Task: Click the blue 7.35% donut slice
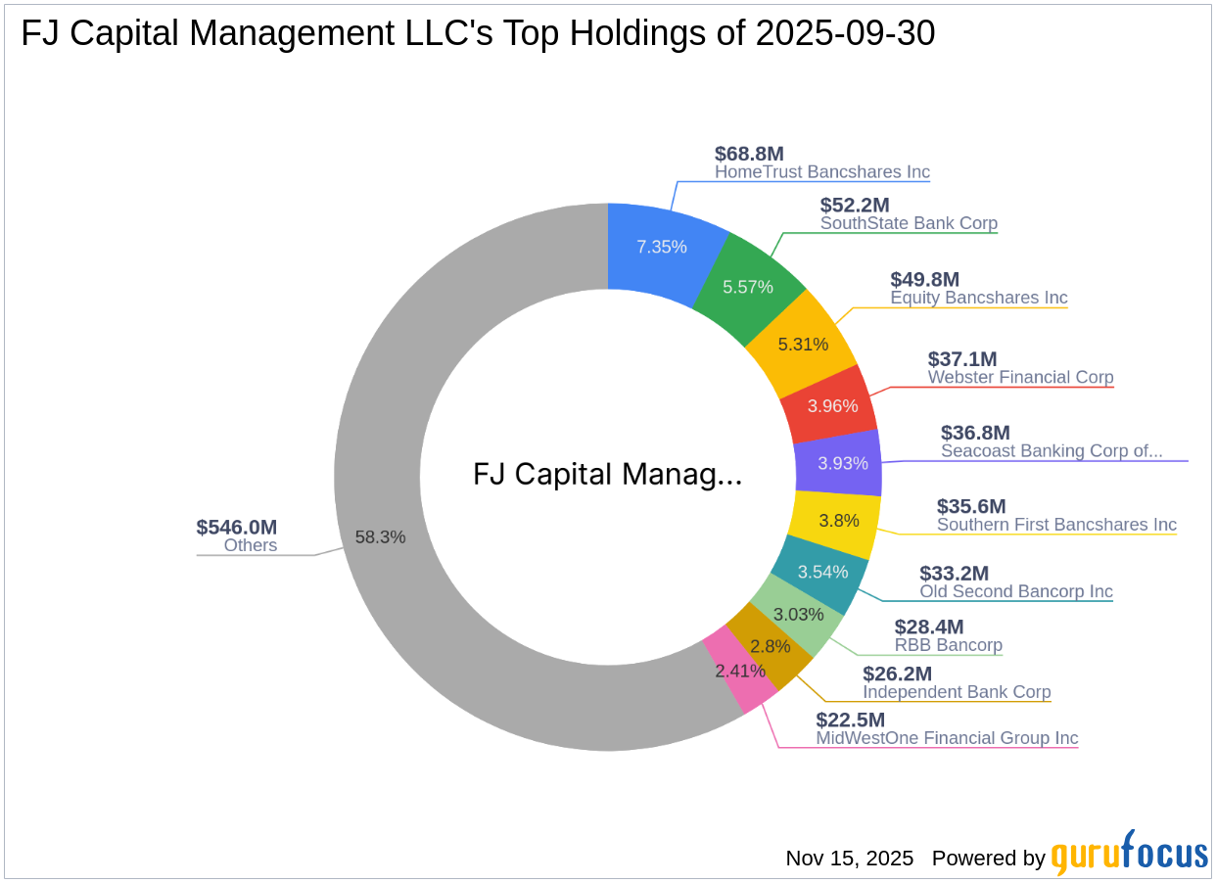pyautogui.click(x=662, y=247)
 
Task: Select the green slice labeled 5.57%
pyautogui.click(x=748, y=287)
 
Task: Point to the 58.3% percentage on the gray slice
pyautogui.click(x=380, y=537)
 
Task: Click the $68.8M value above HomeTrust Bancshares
pyautogui.click(x=749, y=154)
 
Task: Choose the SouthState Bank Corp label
pyautogui.click(x=909, y=223)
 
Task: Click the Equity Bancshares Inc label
pyautogui.click(x=978, y=298)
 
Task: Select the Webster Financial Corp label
pyautogui.click(x=1020, y=377)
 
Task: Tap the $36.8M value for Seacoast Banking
pyautogui.click(x=974, y=433)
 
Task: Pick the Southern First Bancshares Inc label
pyautogui.click(x=1056, y=525)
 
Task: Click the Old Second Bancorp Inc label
pyautogui.click(x=1015, y=591)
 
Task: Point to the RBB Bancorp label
pyautogui.click(x=948, y=645)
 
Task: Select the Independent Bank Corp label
pyautogui.click(x=956, y=692)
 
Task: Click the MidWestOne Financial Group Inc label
pyautogui.click(x=947, y=738)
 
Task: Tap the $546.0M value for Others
pyautogui.click(x=236, y=528)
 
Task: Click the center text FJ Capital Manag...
pyautogui.click(x=607, y=475)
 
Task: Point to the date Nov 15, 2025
pyautogui.click(x=849, y=859)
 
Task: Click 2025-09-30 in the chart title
pyautogui.click(x=845, y=34)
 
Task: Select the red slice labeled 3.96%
pyautogui.click(x=831, y=403)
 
